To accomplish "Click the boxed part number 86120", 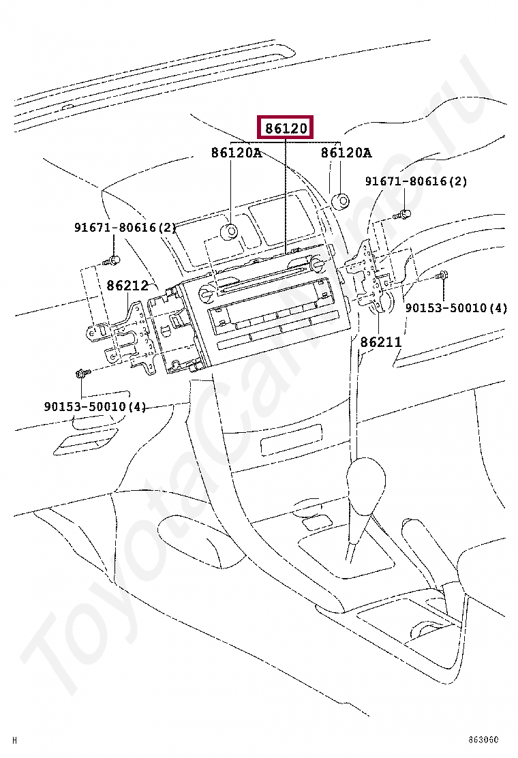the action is point(286,128).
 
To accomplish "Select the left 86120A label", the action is point(236,153).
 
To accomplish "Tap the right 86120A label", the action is point(346,153).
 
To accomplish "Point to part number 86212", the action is point(127,286).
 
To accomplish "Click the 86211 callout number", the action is point(381,342).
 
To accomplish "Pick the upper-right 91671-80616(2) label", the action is point(416,182).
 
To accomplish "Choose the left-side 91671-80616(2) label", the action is point(125,228).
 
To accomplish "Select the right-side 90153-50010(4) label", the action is point(456,308).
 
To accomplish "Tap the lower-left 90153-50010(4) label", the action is point(95,407).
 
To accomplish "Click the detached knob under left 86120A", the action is point(228,232).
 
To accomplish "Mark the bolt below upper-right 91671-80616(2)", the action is point(403,215).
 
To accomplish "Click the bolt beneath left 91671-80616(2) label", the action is point(113,260).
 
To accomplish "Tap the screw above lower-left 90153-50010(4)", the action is point(81,374).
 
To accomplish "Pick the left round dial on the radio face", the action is point(205,294).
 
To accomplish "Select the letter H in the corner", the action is point(15,740).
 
